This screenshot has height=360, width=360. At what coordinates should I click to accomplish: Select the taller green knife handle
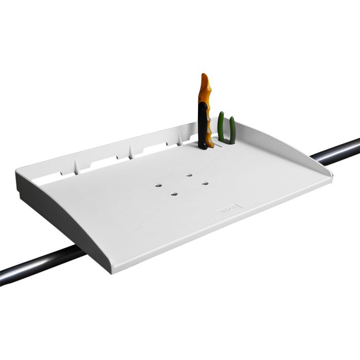[x=221, y=127]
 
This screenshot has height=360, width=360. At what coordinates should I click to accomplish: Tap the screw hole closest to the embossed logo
[x=205, y=183]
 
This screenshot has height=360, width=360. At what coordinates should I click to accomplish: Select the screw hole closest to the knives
[x=189, y=175]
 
